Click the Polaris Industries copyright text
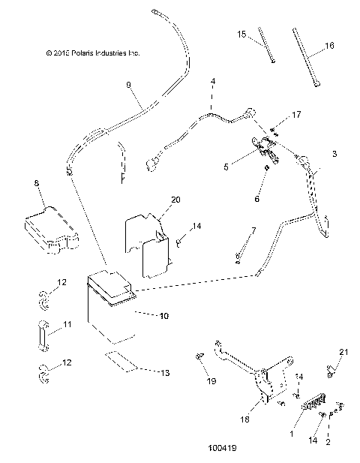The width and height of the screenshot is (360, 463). pos(92,53)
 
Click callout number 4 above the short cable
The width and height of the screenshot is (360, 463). pos(213,80)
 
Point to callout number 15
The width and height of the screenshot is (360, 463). pos(242,34)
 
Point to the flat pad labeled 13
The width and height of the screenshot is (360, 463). pos(121,360)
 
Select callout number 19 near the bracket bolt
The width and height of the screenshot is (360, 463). pos(211,381)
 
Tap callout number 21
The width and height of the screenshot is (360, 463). pos(344,353)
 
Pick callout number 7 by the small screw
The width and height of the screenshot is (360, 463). pos(253,230)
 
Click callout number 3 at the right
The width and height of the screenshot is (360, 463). pos(334,153)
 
